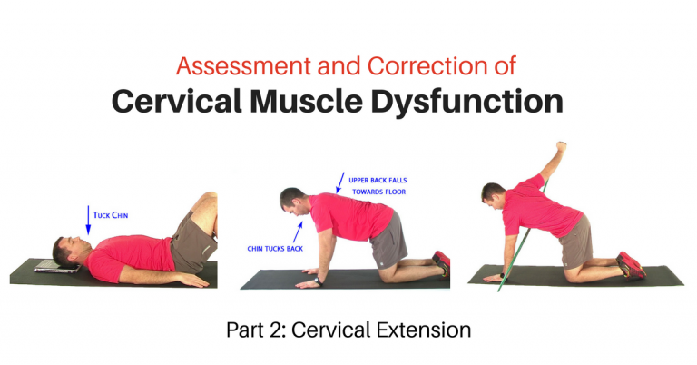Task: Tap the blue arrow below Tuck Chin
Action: [88, 221]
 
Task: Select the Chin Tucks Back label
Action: [276, 248]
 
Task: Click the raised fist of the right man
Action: [562, 145]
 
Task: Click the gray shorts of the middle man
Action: [389, 239]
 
